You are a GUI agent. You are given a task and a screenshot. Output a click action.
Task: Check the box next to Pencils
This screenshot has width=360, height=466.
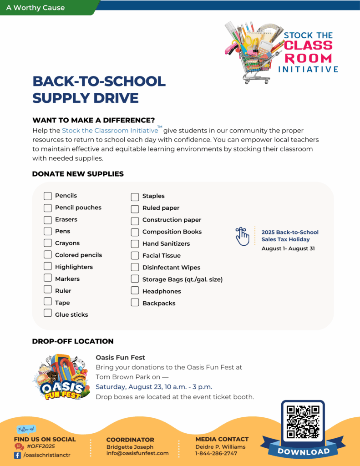click(x=48, y=196)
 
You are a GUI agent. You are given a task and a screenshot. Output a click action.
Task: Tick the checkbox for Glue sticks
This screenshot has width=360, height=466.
click(x=48, y=313)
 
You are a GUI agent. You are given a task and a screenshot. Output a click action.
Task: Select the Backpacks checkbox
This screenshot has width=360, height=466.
click(x=135, y=303)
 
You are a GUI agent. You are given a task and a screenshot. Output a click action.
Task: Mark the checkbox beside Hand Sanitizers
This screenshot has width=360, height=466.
click(x=135, y=243)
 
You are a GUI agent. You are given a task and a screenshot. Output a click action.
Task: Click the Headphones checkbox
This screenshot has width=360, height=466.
click(x=135, y=291)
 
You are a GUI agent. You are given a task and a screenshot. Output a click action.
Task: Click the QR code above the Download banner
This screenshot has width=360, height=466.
click(x=303, y=421)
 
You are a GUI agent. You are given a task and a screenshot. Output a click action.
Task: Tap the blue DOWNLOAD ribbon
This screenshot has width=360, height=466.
click(x=303, y=451)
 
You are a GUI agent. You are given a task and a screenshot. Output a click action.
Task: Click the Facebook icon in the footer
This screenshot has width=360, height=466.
click(x=18, y=455)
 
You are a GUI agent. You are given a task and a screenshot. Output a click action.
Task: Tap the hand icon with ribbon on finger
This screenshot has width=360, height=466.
click(x=243, y=236)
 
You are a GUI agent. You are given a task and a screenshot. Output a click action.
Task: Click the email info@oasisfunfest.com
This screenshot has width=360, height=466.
click(x=137, y=453)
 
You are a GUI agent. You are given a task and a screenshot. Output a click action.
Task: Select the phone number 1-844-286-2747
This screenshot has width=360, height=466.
click(x=216, y=453)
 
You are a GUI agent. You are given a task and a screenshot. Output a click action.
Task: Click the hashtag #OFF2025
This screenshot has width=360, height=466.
click(x=41, y=446)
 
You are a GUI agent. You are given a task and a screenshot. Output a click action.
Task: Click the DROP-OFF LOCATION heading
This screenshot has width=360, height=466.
click(x=73, y=341)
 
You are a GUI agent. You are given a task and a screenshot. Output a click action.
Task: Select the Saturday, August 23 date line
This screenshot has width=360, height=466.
click(x=154, y=387)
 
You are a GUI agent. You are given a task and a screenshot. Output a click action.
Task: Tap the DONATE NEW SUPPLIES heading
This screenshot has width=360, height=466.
click(x=78, y=174)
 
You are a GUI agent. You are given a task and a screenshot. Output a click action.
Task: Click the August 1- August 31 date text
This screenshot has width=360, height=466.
click(x=288, y=248)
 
